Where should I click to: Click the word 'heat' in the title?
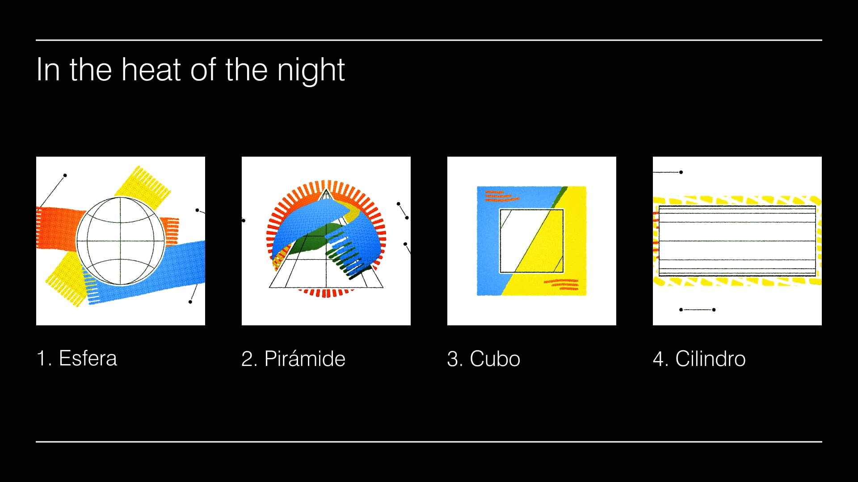[x=151, y=70]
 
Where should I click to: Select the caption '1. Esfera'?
[x=77, y=358]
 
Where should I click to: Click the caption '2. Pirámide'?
[x=293, y=358]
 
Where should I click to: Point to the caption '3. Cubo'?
[x=484, y=358]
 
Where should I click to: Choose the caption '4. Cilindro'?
[x=699, y=358]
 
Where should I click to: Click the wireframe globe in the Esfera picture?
[x=121, y=241]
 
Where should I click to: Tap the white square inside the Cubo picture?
[x=531, y=241]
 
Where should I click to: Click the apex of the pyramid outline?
[x=326, y=190]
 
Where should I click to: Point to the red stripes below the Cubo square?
[x=561, y=284]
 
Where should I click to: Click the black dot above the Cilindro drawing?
[x=681, y=172]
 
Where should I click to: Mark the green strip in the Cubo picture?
[x=559, y=197]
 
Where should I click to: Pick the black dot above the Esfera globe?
[x=65, y=175]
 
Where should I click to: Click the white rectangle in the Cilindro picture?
[x=737, y=241]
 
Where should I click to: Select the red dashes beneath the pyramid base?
[x=326, y=293]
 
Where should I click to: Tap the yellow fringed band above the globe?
[x=143, y=183]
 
